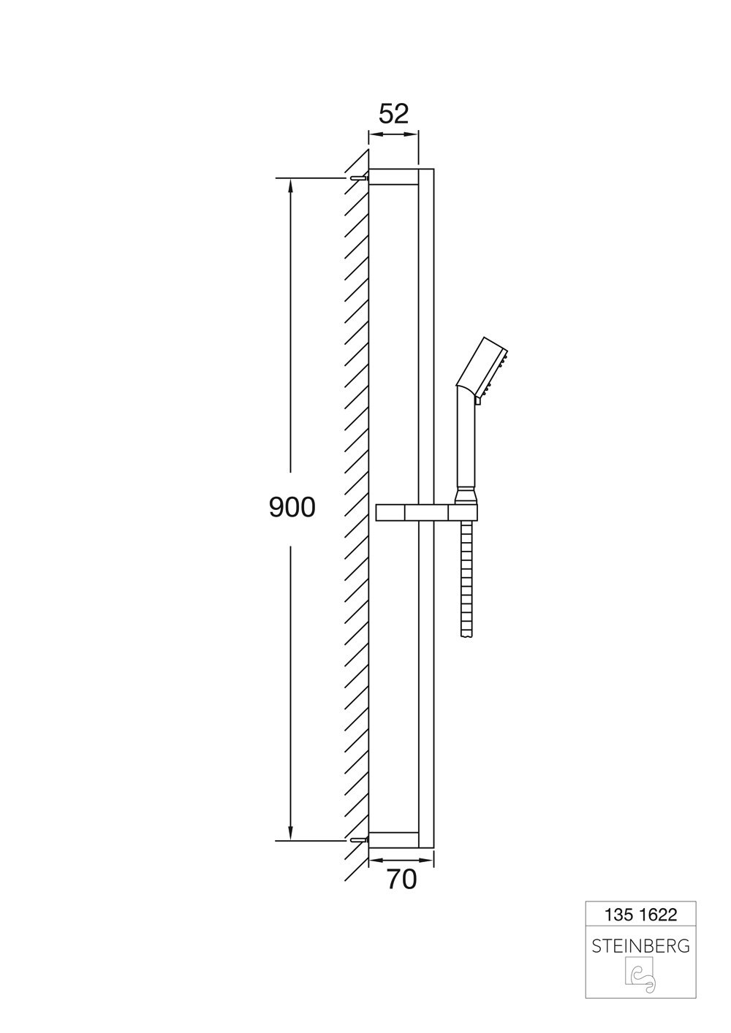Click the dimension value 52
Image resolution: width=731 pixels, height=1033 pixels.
[394, 114]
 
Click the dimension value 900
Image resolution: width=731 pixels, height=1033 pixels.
[292, 507]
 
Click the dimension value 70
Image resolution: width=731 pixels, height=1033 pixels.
[402, 880]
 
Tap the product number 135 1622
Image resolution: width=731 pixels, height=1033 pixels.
[640, 915]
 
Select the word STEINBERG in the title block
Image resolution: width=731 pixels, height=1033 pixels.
[640, 947]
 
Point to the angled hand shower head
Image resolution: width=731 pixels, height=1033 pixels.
[483, 368]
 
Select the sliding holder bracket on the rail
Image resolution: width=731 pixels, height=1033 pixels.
[427, 513]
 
